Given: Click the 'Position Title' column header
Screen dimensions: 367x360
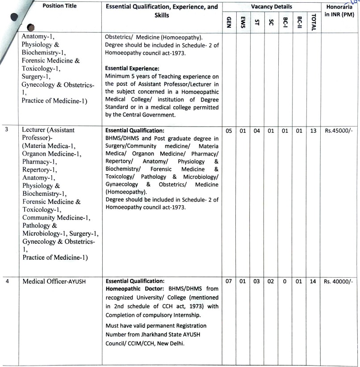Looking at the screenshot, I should (60, 6).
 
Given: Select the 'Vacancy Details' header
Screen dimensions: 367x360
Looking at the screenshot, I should (271, 7).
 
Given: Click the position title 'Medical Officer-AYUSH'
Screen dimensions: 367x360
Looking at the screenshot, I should (54, 282).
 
